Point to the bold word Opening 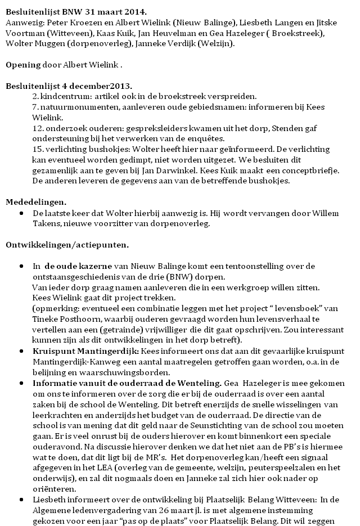pyautogui.click(x=23, y=65)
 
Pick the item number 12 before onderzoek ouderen pyautogui.click(x=37, y=128)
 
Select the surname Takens pyautogui.click(x=46, y=223)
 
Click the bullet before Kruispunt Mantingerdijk pyautogui.click(x=21, y=350)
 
